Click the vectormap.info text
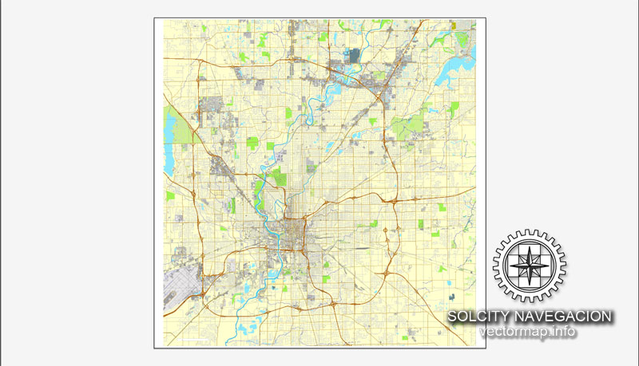coord(528,332)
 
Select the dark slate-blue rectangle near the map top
coord(355,56)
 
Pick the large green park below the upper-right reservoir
coord(411,124)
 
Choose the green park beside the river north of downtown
coord(277,176)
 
